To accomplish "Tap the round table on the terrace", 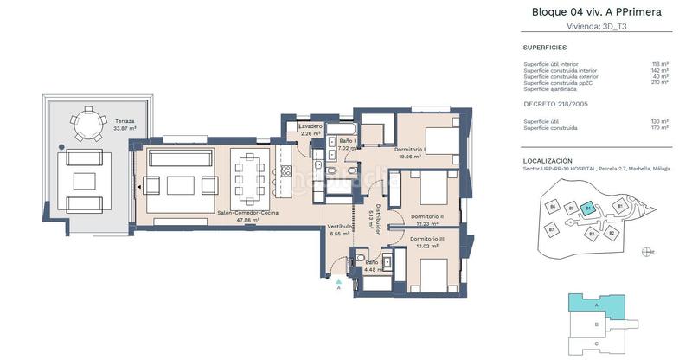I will [x=86, y=123].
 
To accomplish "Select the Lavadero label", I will [x=311, y=126].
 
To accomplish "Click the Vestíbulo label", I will [x=339, y=227].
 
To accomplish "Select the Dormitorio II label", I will [x=427, y=216].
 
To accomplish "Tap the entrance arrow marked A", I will [x=338, y=281].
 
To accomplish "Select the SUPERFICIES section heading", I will [x=545, y=48].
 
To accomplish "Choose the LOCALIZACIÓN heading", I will [x=548, y=161].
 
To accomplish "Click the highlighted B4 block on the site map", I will [x=588, y=208].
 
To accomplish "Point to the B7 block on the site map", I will [x=552, y=229].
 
